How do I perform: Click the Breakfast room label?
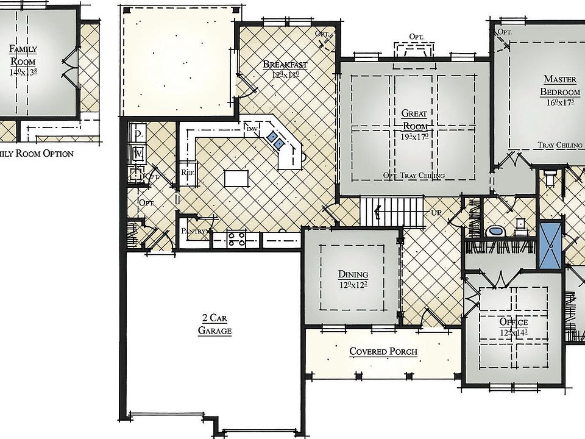285,65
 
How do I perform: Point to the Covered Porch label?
383,352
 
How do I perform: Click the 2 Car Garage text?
214,324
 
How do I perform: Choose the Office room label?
514,321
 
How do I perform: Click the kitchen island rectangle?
237,178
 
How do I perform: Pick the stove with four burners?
235,239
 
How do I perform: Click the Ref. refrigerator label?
187,173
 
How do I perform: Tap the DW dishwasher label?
251,129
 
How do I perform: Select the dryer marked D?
138,132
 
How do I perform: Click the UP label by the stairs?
436,213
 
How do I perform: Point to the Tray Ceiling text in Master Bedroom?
560,145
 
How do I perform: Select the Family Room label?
23,55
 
